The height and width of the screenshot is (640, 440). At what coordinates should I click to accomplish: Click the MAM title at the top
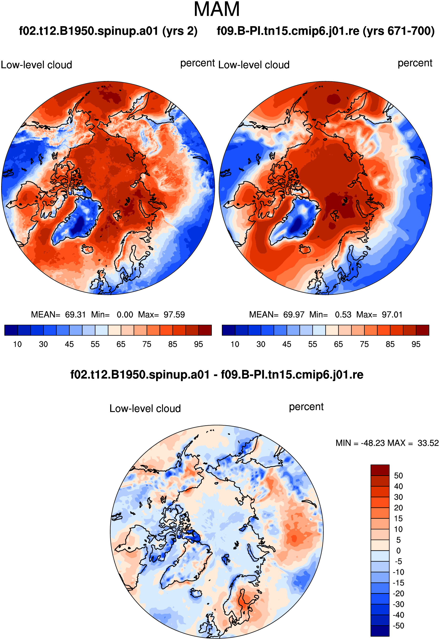point(217,9)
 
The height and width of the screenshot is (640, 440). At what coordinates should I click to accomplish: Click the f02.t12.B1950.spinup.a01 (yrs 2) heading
point(108,31)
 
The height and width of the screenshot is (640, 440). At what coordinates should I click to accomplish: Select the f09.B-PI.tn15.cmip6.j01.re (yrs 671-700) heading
point(326,31)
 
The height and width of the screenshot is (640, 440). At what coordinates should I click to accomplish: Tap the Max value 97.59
point(174,315)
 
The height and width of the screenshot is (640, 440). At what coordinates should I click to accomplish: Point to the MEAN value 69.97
point(294,315)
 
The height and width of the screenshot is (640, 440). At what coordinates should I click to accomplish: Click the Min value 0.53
point(343,315)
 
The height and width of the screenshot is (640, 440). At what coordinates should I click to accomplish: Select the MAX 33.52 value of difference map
point(428,443)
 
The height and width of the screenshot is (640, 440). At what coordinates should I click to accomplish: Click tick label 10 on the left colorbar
point(17,344)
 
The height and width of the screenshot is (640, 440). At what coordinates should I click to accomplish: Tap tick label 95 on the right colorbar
point(416,344)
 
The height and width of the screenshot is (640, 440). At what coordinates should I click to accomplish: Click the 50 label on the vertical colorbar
point(398,475)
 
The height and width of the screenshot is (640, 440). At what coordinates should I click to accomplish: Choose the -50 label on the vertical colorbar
point(399,626)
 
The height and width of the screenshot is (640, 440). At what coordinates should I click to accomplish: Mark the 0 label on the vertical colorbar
point(398,551)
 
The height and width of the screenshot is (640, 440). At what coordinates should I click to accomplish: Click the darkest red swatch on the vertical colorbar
point(380,470)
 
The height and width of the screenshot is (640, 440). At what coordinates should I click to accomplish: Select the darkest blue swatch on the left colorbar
point(11,330)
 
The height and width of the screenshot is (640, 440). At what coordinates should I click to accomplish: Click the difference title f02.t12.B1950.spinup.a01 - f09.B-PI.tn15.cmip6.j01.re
point(217,375)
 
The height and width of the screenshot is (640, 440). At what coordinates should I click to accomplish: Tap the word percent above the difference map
point(306,407)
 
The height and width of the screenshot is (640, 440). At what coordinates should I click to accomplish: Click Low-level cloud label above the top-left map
point(36,65)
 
